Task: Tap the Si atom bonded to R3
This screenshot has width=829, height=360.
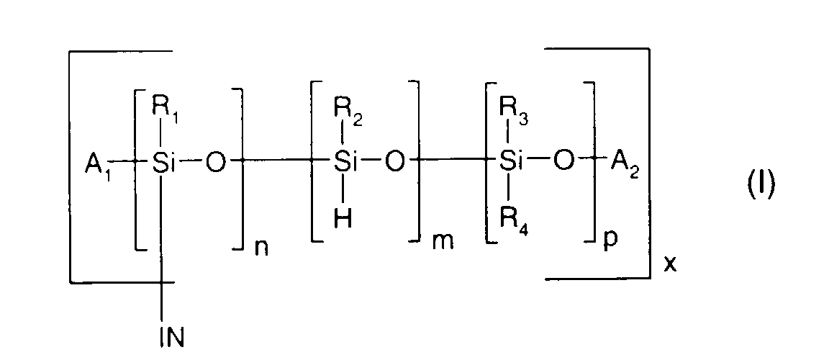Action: click(x=511, y=165)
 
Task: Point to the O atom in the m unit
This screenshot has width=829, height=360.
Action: click(x=394, y=165)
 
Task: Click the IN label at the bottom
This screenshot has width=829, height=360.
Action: click(x=172, y=336)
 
